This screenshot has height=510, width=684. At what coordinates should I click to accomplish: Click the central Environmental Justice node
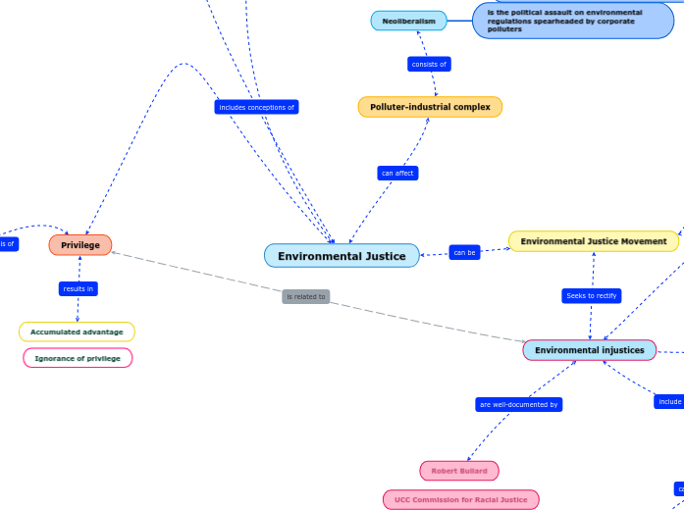pos(342,256)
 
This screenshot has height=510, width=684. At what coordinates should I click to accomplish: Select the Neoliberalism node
pos(408,21)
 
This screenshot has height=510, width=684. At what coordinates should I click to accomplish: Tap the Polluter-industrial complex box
pos(430,107)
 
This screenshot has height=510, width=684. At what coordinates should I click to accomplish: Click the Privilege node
pos(80,245)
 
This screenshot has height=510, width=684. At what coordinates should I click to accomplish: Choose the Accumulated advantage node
pos(77,332)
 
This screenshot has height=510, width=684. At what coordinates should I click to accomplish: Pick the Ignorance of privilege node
pos(78,359)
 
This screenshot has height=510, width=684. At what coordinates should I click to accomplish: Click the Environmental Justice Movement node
pos(593,241)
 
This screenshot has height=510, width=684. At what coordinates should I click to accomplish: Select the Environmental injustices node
pos(589,350)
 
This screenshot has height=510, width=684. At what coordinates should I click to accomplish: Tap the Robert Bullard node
pos(459,471)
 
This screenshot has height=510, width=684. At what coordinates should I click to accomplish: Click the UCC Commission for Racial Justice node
pos(461,500)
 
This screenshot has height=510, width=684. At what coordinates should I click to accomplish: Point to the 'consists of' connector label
pos(429,65)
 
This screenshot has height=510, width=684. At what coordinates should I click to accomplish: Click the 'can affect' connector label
pos(397,174)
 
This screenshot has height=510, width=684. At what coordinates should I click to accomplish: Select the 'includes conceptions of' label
pos(256,107)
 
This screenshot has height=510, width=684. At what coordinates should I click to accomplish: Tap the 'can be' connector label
pos(464,253)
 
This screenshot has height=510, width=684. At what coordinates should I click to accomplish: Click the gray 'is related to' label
pos(306,296)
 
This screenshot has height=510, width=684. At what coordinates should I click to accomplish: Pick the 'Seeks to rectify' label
pos(591,295)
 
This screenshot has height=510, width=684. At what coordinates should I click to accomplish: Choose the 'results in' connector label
pos(79,288)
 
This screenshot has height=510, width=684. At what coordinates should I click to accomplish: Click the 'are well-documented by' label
pos(519,404)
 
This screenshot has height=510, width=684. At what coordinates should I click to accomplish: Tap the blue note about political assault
pos(573,21)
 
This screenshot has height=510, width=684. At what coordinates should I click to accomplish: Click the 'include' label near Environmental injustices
pos(669,401)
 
